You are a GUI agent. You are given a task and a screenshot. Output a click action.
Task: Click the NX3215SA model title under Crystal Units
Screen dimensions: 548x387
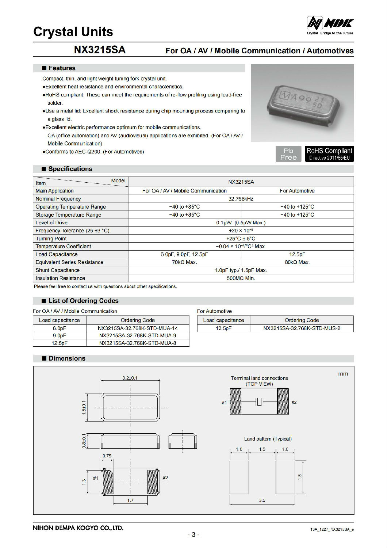[100, 50]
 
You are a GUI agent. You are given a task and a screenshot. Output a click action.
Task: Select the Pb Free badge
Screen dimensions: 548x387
[288, 154]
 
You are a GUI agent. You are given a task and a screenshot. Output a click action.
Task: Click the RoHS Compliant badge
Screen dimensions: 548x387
[329, 154]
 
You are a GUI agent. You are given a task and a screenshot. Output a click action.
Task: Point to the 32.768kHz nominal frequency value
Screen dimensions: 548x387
[241, 199]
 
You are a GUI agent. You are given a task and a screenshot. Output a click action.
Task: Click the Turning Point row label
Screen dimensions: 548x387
[51, 239]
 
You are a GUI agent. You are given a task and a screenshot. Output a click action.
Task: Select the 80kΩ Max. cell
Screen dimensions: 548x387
[297, 262]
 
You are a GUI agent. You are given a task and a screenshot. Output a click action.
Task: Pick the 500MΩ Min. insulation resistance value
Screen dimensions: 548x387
[241, 278]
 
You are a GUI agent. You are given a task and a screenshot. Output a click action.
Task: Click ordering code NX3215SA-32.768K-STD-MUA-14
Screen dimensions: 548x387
[138, 328]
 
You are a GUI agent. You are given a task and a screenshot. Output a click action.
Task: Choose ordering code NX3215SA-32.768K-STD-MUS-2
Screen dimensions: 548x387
[302, 328]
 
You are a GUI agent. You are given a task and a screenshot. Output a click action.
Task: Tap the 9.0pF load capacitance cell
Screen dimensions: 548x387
[60, 335]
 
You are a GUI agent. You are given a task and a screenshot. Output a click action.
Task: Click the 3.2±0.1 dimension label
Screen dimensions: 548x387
[130, 378]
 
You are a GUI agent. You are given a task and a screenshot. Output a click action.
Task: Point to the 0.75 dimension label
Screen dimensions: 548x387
[107, 456]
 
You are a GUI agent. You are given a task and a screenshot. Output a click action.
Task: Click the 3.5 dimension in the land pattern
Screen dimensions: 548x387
[262, 500]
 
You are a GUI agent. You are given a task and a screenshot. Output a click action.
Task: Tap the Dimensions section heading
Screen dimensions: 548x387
[67, 358]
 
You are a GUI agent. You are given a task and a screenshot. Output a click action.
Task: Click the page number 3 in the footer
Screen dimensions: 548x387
[193, 535]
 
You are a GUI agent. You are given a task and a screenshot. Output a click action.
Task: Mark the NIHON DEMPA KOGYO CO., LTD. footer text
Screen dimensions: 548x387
[78, 528]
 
